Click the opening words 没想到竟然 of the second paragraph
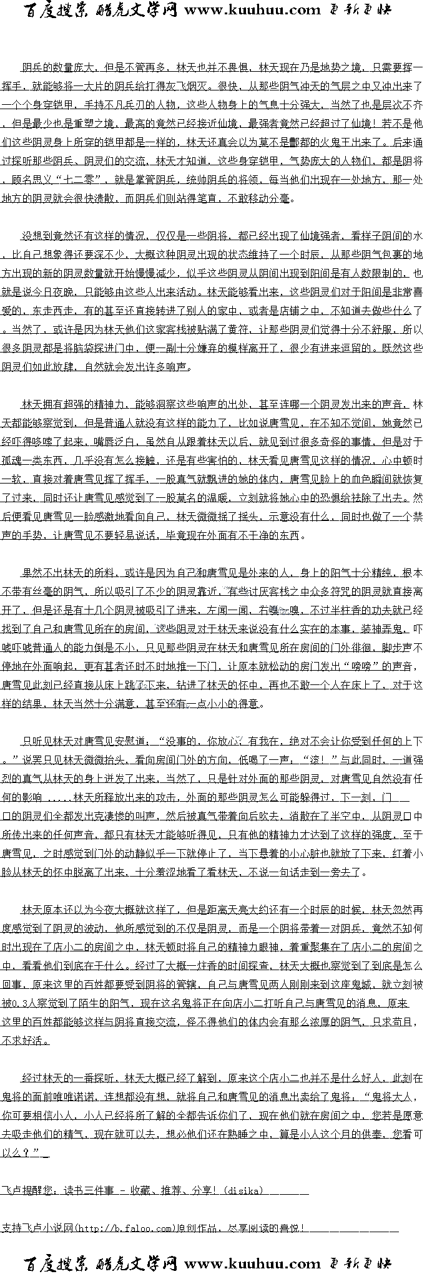point(47,236)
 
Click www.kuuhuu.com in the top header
point(252,10)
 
